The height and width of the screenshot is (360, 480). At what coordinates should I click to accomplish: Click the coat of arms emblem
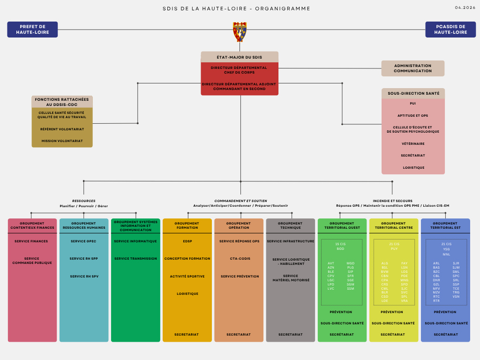240,31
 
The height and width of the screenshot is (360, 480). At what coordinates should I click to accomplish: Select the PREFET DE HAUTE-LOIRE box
32,30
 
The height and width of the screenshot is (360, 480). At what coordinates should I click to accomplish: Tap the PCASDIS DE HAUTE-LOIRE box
450,30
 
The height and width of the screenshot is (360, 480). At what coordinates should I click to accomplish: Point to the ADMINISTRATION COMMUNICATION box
412,68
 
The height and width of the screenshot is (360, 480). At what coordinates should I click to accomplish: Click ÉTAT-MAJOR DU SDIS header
240,57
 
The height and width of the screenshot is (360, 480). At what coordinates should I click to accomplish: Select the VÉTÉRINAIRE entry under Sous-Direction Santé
413,143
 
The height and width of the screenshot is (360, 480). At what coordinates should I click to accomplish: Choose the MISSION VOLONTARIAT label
62,141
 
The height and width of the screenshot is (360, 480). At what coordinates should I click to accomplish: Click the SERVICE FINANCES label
31,241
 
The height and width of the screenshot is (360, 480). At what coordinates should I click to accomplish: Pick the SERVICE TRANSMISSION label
135,259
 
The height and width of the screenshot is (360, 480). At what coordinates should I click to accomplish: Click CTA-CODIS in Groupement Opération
239,259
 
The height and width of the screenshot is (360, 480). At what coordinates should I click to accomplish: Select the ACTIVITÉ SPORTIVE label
187,277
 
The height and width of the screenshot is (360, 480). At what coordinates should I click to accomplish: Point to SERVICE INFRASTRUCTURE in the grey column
291,241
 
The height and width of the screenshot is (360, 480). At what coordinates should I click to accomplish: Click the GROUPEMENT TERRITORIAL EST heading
445,225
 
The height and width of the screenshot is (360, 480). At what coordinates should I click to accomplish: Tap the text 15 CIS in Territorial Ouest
340,244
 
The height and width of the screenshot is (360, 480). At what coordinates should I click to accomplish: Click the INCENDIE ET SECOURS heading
392,201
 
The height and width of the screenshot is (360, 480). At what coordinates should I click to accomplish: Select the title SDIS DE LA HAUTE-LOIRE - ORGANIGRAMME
236,8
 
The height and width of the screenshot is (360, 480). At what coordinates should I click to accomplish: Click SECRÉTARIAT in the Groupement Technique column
291,335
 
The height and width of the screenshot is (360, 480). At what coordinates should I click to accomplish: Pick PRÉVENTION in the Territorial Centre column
392,312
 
